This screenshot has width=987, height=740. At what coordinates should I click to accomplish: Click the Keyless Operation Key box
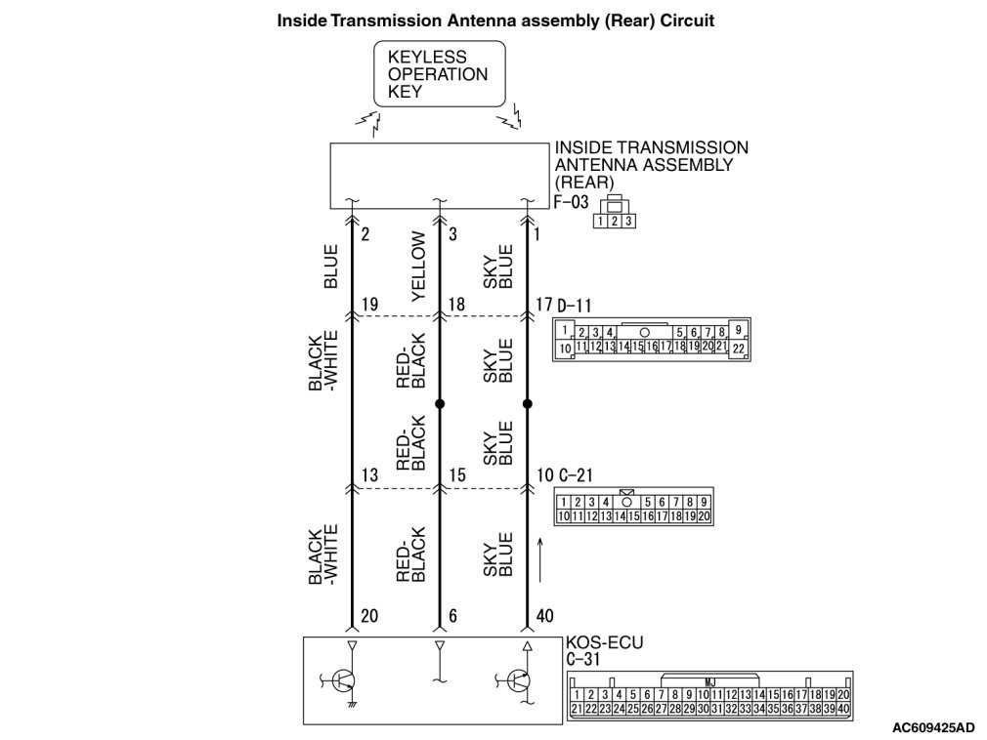(441, 73)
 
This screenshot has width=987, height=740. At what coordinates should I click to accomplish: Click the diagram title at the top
(496, 20)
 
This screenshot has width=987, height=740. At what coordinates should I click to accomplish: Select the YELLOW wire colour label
(418, 266)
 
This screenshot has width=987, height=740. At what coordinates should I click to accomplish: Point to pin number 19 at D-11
(368, 305)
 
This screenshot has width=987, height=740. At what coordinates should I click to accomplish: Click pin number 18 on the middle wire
(455, 305)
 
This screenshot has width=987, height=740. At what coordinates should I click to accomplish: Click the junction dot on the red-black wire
(440, 402)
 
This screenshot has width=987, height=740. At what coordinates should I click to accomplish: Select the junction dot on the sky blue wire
(528, 402)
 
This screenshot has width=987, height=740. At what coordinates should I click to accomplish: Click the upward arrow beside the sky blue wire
(540, 556)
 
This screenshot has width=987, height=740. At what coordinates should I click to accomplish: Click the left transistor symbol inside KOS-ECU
(342, 679)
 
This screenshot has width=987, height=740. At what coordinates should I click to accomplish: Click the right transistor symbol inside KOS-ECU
(520, 679)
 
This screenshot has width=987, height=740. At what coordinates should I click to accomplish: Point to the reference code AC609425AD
(932, 726)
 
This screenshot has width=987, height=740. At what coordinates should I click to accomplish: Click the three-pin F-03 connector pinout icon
(615, 216)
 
